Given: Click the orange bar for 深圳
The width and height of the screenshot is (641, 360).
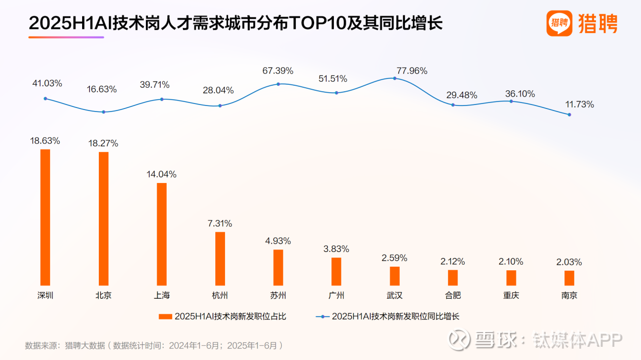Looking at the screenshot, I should pyautogui.click(x=45, y=217).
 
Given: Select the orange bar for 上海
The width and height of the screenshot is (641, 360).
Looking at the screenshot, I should pyautogui.click(x=162, y=234).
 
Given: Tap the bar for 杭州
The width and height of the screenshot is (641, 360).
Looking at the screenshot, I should pyautogui.click(x=220, y=259).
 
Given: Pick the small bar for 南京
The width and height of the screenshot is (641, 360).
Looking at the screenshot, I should pyautogui.click(x=569, y=278).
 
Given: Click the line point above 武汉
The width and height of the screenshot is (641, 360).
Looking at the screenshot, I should pyautogui.click(x=394, y=78).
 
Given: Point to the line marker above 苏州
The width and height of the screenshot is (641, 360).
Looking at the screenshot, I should pyautogui.click(x=278, y=84).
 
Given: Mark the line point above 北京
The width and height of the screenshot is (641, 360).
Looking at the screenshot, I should pyautogui.click(x=103, y=112).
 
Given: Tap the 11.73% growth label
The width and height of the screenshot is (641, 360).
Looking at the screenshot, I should pyautogui.click(x=580, y=104).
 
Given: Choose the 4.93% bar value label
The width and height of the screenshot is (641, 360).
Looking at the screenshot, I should pyautogui.click(x=278, y=240).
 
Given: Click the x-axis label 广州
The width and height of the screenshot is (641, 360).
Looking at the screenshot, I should pyautogui.click(x=336, y=296).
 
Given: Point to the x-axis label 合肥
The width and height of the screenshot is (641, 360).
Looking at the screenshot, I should pyautogui.click(x=453, y=296).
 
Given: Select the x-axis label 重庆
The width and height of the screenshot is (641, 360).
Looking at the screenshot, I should pyautogui.click(x=511, y=296).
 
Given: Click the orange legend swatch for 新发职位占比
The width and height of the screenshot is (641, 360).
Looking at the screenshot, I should pyautogui.click(x=166, y=316).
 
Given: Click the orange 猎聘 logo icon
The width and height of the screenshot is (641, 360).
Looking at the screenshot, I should pyautogui.click(x=559, y=23).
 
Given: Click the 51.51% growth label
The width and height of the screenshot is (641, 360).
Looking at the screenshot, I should pyautogui.click(x=333, y=79).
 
